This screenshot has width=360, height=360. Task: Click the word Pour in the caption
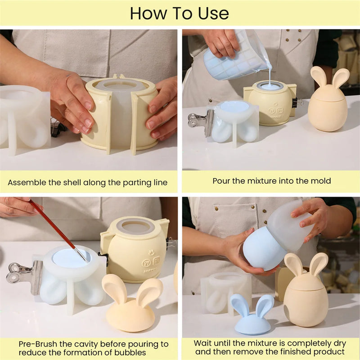[x=221, y=181]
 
